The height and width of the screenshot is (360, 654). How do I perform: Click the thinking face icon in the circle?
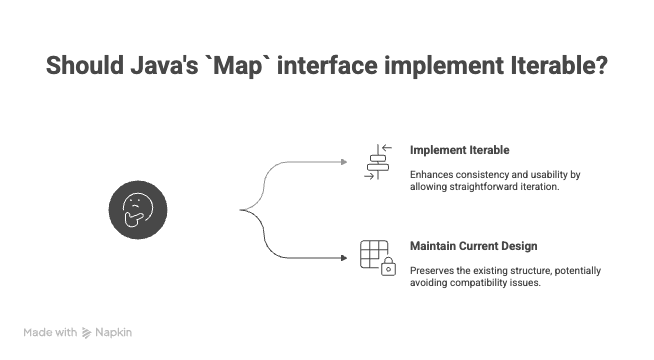coord(135,209)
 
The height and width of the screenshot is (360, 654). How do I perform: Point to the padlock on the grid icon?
coord(388,268)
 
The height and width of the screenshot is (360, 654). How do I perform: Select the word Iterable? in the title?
coord(559,67)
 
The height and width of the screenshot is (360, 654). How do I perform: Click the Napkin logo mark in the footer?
coord(87,332)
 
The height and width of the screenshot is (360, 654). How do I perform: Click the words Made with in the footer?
coord(50,332)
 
